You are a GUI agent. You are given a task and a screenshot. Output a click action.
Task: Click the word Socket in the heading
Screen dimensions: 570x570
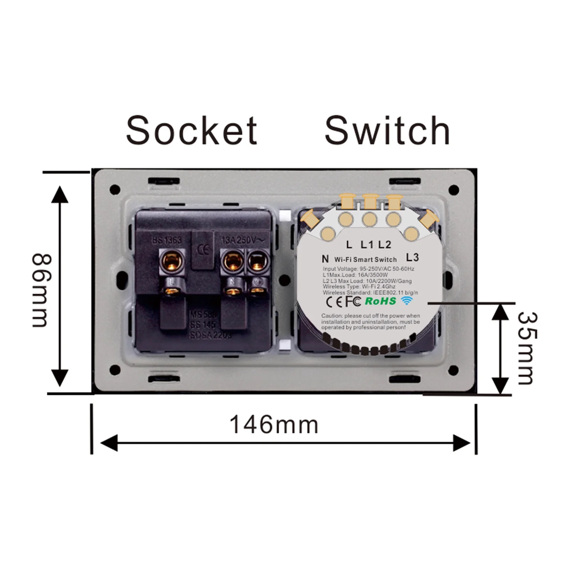point(192,131)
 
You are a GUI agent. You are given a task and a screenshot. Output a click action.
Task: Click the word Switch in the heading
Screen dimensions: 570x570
point(387,131)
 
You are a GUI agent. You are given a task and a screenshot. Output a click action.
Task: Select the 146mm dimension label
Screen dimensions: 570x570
point(274,425)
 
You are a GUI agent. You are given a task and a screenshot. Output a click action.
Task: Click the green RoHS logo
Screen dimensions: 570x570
point(380,301)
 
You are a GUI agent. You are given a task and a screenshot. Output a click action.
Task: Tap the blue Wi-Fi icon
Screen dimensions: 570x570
point(407,301)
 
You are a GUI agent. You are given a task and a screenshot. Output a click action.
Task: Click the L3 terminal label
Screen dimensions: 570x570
point(412,257)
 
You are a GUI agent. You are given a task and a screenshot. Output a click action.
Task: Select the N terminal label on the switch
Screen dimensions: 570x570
point(325,259)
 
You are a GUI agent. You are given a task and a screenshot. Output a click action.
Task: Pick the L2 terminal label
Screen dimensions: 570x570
point(385,245)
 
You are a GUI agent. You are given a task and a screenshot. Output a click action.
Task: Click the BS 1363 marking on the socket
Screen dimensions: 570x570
point(167,240)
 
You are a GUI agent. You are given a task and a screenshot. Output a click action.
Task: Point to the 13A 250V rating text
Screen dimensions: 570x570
point(243,240)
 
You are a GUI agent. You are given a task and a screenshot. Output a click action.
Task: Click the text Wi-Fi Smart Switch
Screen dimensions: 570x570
point(365,260)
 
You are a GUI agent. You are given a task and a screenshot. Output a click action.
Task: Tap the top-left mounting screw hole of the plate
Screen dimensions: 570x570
point(115,190)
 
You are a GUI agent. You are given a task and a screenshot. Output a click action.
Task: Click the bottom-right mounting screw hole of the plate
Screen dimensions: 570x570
point(453,370)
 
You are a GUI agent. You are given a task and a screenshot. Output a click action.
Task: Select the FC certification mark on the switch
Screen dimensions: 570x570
point(353,302)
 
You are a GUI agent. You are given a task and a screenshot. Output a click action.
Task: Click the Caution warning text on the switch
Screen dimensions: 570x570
point(370,321)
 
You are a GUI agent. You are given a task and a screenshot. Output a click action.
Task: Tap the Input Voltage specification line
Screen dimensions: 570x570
point(368,269)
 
